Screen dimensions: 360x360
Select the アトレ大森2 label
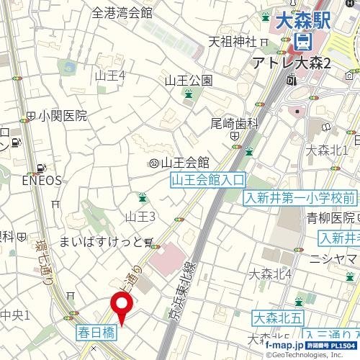(292, 64)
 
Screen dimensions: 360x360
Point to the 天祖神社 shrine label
(233, 41)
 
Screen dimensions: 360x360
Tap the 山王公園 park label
(188, 80)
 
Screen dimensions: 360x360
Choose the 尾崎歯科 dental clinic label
(235, 123)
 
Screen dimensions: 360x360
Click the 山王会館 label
(184, 162)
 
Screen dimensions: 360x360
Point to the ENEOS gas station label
(42, 180)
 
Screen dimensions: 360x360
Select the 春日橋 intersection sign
(95, 333)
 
